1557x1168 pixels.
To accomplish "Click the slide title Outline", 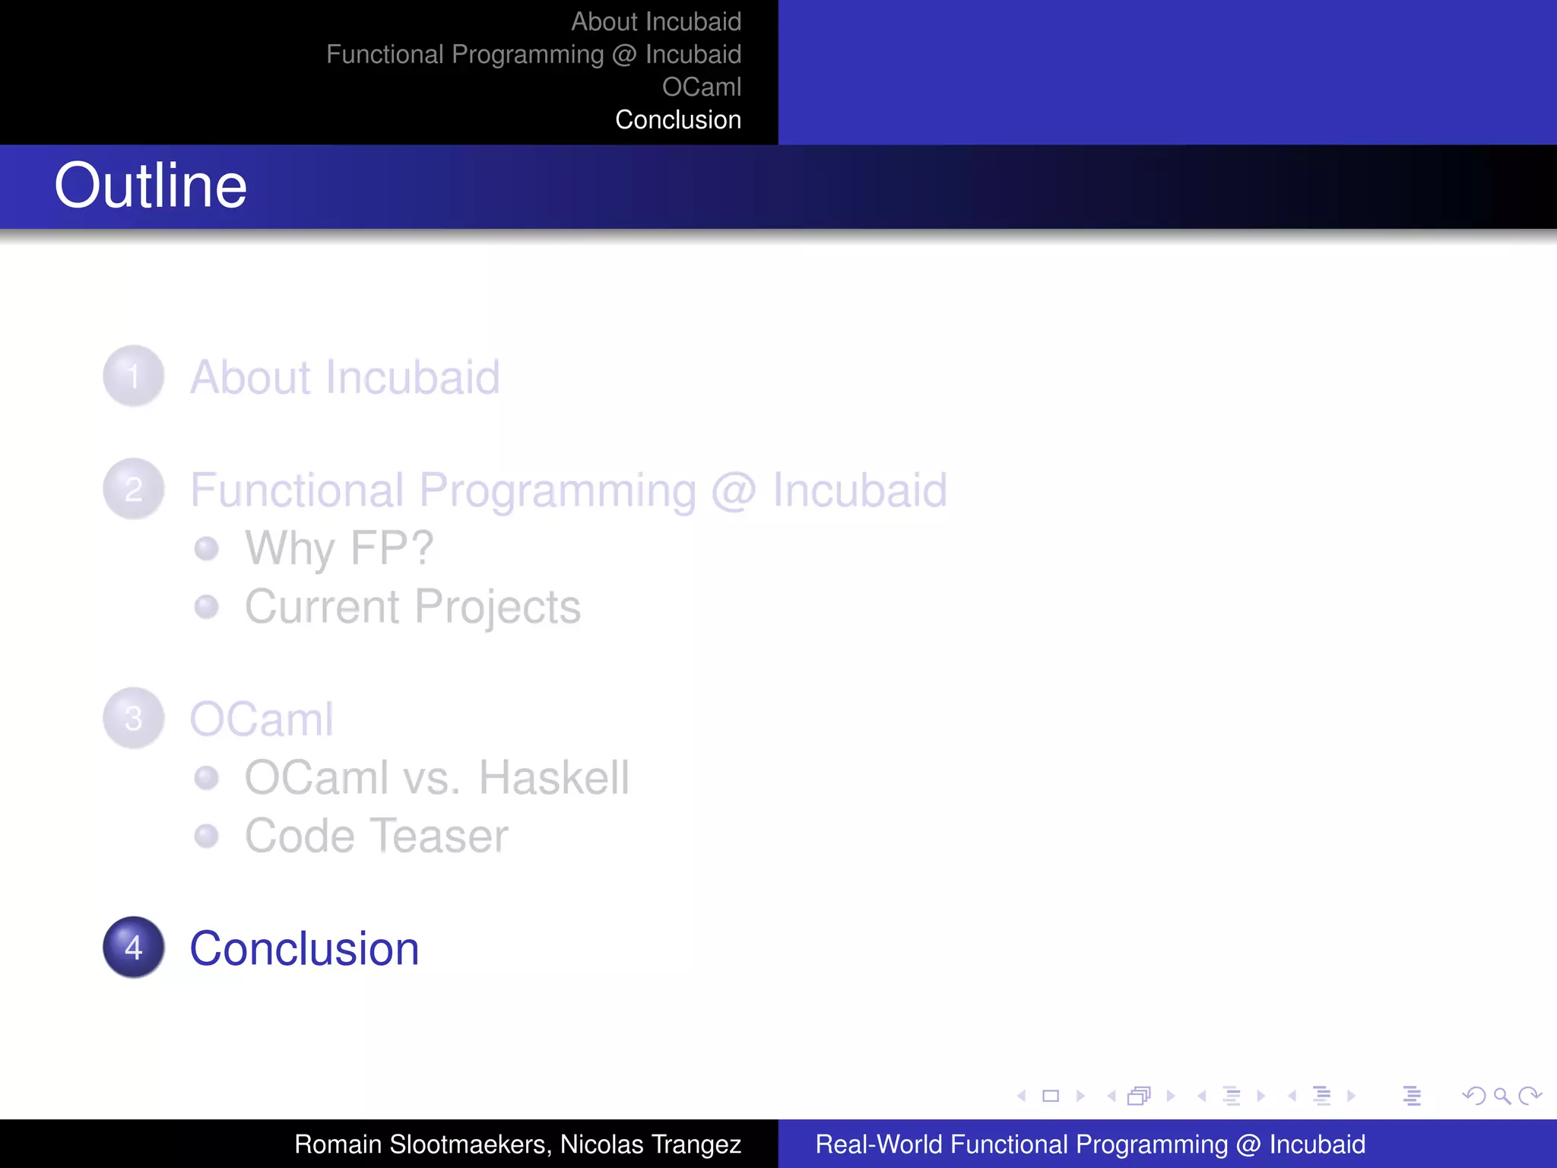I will pos(151,186).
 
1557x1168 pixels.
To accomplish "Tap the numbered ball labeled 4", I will pos(134,947).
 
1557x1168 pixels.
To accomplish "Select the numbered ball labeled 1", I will pos(134,376).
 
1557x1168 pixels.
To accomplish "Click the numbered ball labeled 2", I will pos(134,489).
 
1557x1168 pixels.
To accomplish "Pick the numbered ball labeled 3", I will pos(134,719).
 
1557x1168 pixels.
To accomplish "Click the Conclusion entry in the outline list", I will pos(304,949).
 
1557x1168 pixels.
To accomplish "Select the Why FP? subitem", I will pos(339,548).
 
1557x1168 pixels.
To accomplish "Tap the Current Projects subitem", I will pos(412,607).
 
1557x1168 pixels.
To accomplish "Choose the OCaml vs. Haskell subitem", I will pos(436,778).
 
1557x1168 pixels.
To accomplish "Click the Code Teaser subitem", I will pos(376,836).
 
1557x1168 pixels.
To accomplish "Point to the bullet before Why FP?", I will pos(206,548).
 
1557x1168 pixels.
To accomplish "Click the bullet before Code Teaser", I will pos(206,836).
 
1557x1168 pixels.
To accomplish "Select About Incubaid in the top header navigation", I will pos(655,22).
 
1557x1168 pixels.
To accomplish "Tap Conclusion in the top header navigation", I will pos(677,120).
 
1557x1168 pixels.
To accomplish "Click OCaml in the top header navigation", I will pos(701,87).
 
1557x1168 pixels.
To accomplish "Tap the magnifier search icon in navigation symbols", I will pos(1502,1096).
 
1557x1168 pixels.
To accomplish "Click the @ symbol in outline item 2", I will pos(734,490).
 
